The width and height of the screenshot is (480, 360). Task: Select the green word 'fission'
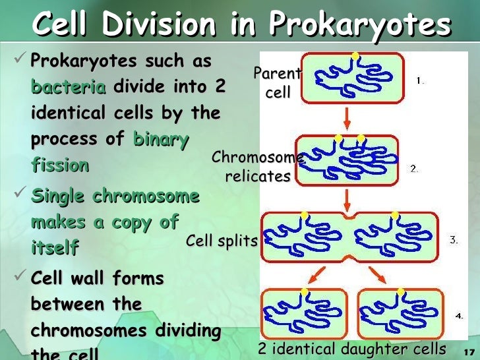coord(59,165)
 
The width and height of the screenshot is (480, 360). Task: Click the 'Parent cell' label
coord(278,84)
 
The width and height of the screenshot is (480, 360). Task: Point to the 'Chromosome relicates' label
coord(258,167)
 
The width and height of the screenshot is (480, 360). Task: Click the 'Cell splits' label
coord(221,241)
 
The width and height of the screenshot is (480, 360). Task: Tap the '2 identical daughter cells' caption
coord(351,348)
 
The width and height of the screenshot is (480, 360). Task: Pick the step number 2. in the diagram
coord(414,169)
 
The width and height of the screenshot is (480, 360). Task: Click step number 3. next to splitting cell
coord(454,240)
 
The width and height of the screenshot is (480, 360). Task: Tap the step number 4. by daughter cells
coord(459,316)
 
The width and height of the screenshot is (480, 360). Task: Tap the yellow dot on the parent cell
coord(355,56)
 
